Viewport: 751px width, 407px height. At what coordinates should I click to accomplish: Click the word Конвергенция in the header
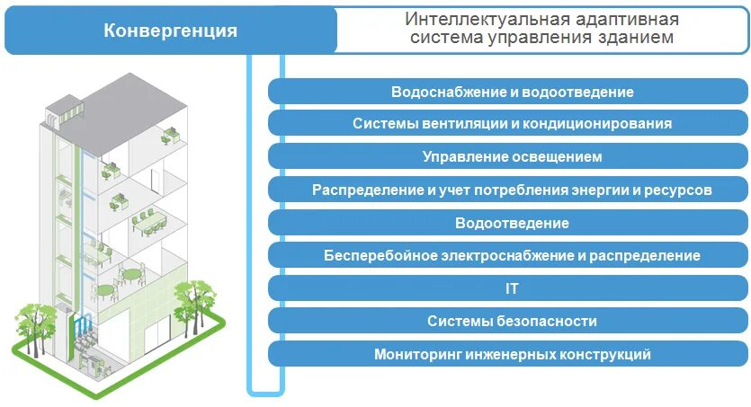[x=171, y=31]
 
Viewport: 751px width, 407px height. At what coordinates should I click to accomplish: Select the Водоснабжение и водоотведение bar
[x=512, y=93]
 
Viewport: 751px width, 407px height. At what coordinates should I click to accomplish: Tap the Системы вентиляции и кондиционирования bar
[x=512, y=124]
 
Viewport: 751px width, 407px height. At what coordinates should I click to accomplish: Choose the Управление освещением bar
[x=512, y=156]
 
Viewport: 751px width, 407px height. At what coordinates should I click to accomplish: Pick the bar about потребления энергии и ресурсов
[x=512, y=190]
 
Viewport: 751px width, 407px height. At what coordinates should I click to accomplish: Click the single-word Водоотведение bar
[x=512, y=223]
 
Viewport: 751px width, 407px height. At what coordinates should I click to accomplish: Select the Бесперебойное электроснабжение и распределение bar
[x=512, y=255]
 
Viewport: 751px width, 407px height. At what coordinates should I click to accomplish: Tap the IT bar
[x=512, y=288]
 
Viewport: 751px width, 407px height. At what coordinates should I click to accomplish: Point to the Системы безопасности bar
[x=512, y=321]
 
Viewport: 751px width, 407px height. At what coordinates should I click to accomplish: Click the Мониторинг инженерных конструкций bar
[x=512, y=354]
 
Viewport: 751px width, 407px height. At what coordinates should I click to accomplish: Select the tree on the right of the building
[x=192, y=301]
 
